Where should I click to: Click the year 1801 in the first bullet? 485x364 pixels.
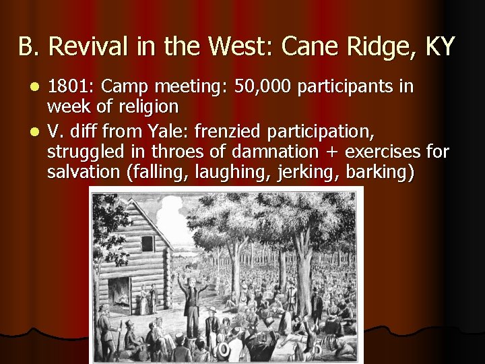pos(68,88)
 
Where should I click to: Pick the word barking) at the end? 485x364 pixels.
pos(380,173)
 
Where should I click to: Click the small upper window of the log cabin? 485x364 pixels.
pos(145,242)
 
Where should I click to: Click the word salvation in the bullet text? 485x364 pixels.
pos(85,173)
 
